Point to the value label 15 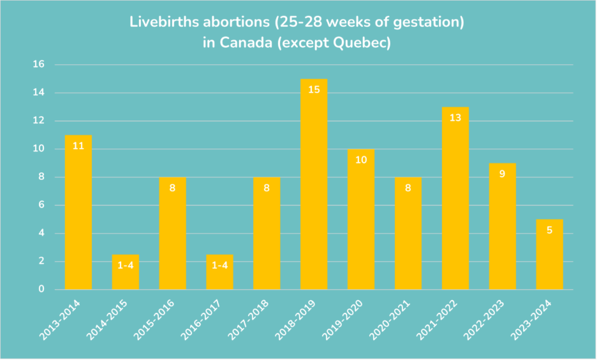click(x=314, y=89)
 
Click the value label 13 click(x=455, y=117)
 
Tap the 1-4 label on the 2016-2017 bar click(x=219, y=265)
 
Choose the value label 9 click(x=503, y=174)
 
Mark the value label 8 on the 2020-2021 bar click(x=408, y=188)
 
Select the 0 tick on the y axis click(x=41, y=289)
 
